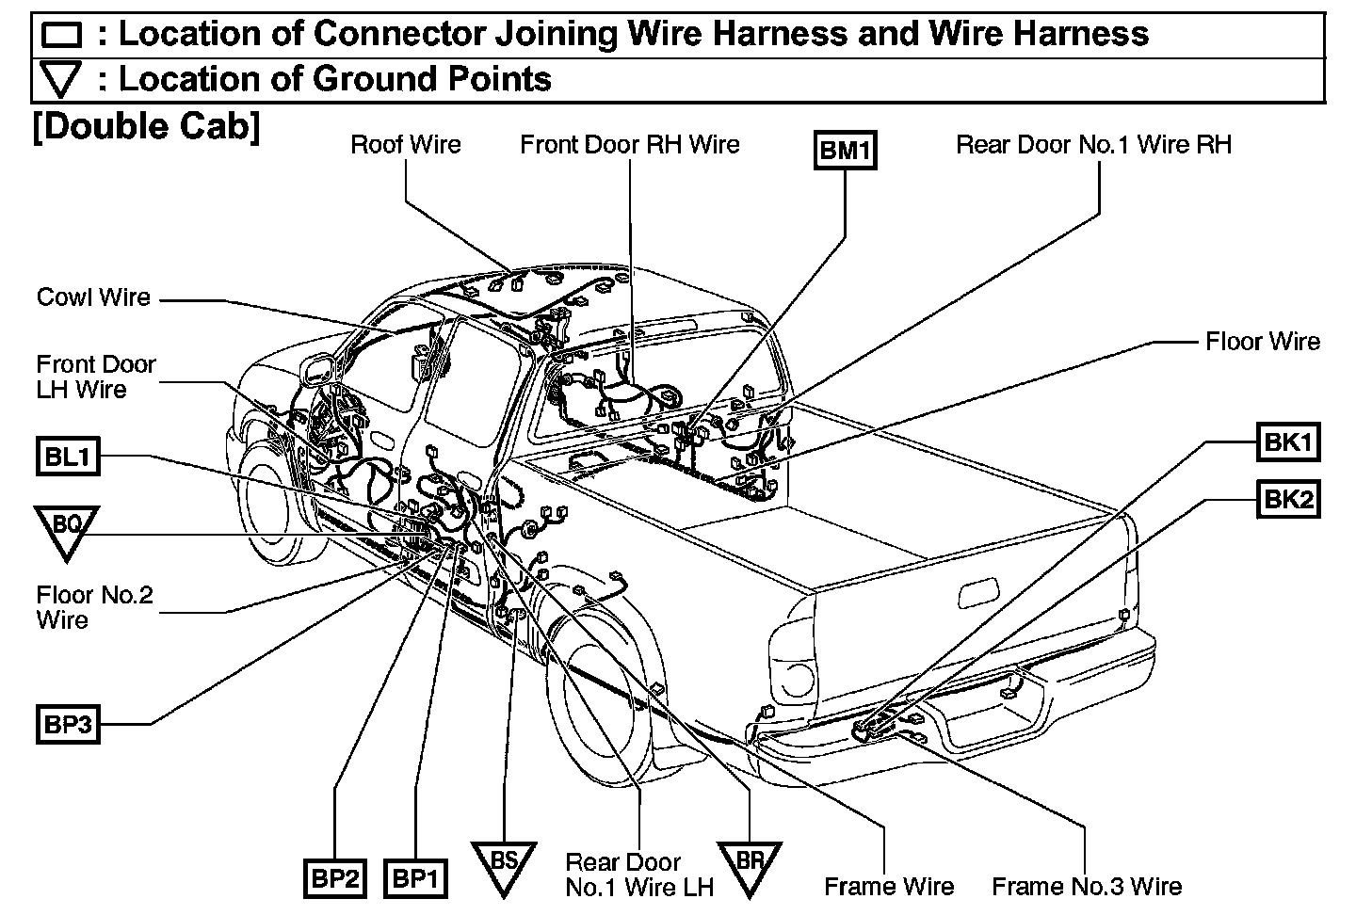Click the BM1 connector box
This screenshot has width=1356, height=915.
point(845,151)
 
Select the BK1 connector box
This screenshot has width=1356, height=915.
point(1287,442)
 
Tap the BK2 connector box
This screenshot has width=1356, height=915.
point(1287,499)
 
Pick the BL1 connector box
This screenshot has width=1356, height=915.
point(68,458)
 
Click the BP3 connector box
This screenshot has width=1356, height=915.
point(68,726)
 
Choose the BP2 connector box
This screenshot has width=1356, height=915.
point(334,879)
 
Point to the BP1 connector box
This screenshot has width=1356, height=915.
point(414,879)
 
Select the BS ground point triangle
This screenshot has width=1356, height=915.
point(504,862)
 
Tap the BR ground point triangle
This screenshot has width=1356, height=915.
point(750,862)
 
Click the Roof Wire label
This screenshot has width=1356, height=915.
point(406,145)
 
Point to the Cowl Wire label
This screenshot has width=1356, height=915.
point(93,297)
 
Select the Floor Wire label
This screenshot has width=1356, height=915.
point(1262,342)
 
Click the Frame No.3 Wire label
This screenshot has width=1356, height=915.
point(1086,887)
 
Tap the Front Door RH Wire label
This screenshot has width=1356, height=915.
point(630,145)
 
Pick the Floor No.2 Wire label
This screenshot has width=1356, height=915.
point(94,607)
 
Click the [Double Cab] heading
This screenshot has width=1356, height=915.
point(146,126)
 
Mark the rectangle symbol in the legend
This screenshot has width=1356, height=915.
point(62,36)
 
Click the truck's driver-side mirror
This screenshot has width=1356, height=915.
point(317,368)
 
